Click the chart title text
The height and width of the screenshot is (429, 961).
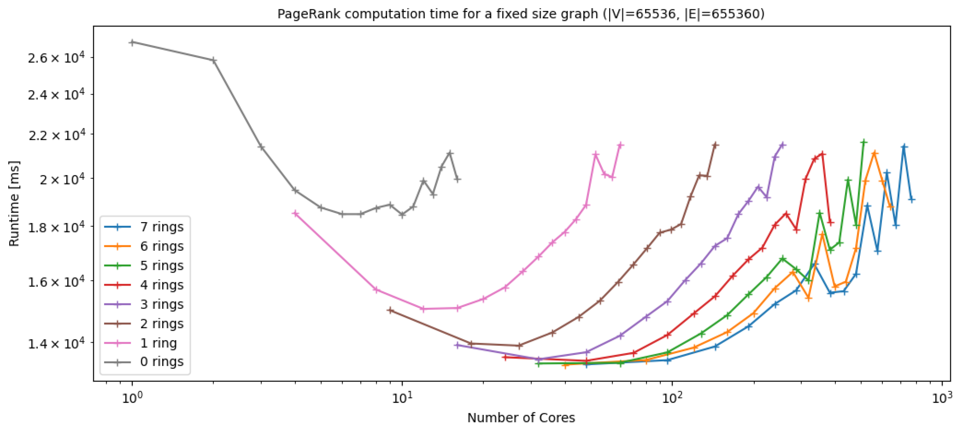521,14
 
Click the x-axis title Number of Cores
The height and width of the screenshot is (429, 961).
521,417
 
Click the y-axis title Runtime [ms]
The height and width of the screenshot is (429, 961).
14,204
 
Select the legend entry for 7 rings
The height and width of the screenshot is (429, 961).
162,227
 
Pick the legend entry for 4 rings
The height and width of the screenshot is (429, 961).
162,285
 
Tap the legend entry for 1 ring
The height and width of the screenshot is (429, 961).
158,343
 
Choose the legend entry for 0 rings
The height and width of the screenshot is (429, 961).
162,361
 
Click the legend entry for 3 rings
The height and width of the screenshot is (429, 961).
162,304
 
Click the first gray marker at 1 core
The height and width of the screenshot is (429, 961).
132,42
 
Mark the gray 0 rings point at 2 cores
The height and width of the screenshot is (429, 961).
213,60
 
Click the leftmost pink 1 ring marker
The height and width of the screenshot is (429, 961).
295,213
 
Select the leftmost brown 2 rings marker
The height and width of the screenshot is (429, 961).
390,310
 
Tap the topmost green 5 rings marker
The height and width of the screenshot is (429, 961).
863,142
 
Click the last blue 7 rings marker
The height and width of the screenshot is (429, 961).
911,200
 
